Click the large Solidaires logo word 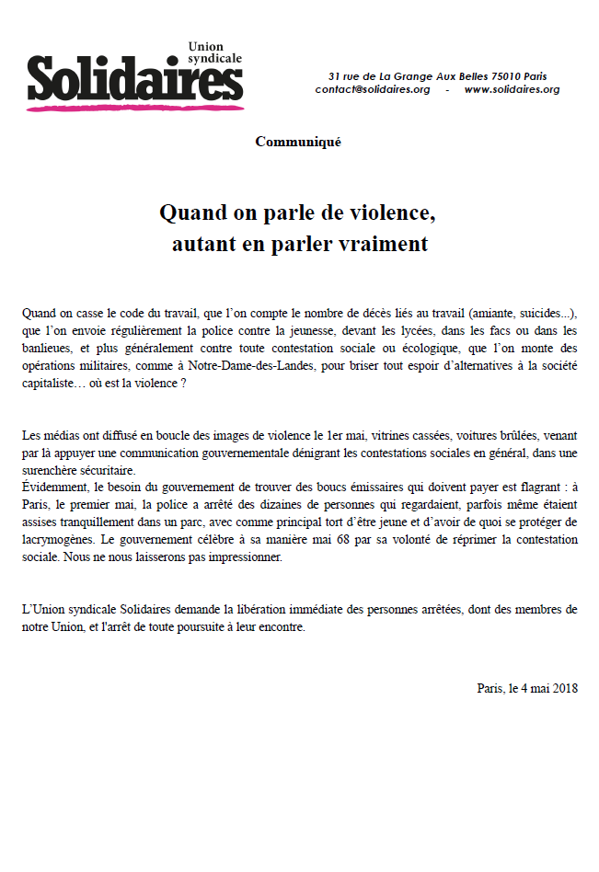pyautogui.click(x=134, y=78)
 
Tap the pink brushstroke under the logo pyautogui.click(x=134, y=108)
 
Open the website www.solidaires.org pyautogui.click(x=512, y=89)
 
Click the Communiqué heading pyautogui.click(x=298, y=142)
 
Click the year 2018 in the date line pyautogui.click(x=564, y=688)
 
